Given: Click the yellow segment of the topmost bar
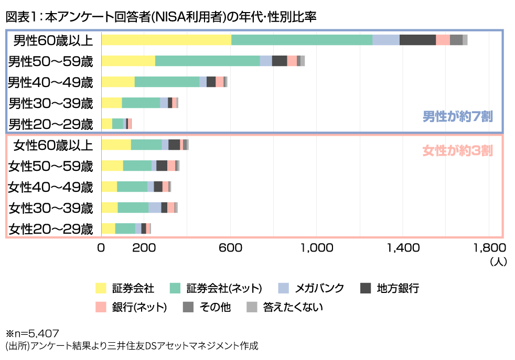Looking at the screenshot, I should click(x=166, y=40).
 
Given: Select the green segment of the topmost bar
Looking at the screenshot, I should click(x=302, y=40).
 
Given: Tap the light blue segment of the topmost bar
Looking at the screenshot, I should click(x=386, y=40).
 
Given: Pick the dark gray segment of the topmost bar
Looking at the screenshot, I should click(x=417, y=40).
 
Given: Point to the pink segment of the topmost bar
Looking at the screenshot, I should click(x=443, y=40).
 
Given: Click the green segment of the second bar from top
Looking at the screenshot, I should click(x=207, y=61).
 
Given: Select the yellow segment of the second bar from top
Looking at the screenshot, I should click(x=128, y=61).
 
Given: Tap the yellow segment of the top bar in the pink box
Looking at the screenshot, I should click(x=116, y=145).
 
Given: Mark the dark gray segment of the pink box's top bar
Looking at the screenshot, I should click(x=174, y=145).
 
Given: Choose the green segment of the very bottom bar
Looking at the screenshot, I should click(x=125, y=229).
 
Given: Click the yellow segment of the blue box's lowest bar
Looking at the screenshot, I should click(x=106, y=124).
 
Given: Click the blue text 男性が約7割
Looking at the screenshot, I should click(x=458, y=116).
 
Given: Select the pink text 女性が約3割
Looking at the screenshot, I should click(x=458, y=151).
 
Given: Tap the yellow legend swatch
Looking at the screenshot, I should click(x=101, y=288).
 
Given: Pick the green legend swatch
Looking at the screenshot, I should click(x=175, y=288).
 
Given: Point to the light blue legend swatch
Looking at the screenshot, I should click(x=283, y=288).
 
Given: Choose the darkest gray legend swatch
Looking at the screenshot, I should click(x=366, y=288).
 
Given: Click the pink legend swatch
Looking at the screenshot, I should click(x=101, y=307).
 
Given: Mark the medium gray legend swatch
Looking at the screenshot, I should click(x=188, y=307).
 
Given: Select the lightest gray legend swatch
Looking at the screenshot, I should click(x=252, y=307).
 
